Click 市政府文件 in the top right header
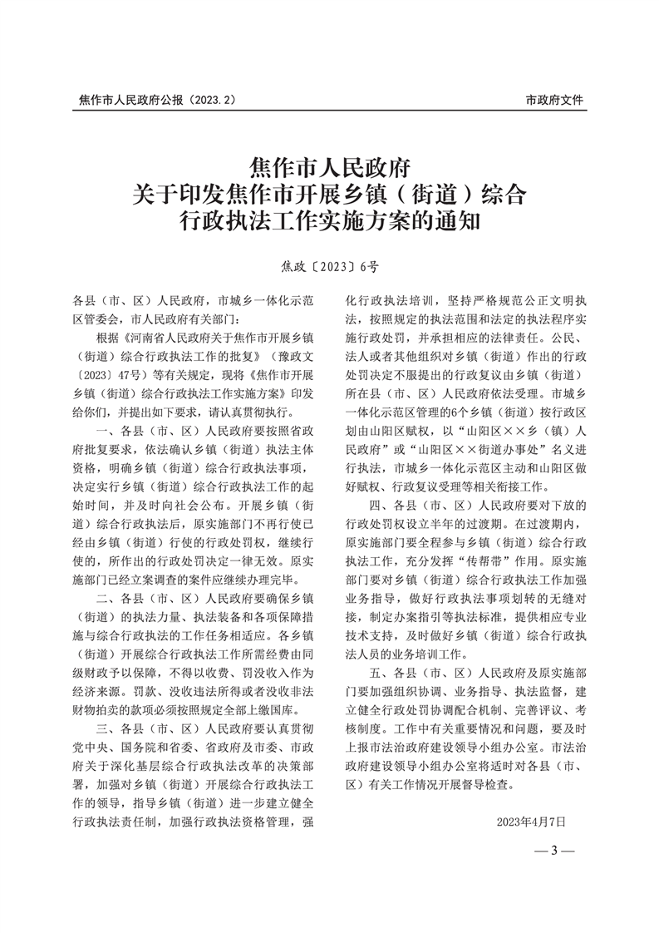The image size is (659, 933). coord(555,100)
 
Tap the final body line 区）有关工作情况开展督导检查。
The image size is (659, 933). coord(437,787)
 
